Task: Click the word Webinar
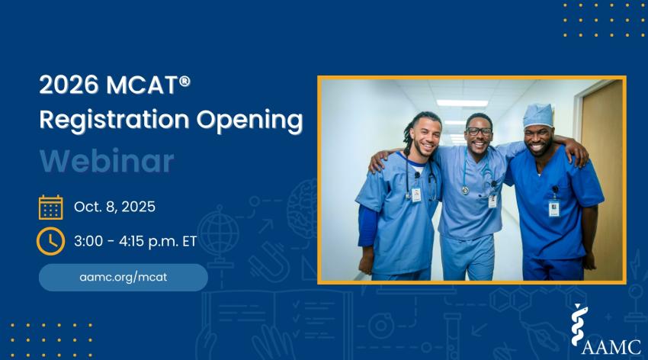point(107,161)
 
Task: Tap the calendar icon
point(51,207)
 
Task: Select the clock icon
point(50,241)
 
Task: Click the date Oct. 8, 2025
point(114,207)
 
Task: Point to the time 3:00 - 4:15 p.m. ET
point(135,241)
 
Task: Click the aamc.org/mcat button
point(124,278)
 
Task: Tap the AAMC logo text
point(611,347)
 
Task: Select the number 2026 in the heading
point(69,85)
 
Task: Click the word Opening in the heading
point(249,121)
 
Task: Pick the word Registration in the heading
point(114,121)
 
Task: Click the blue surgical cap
point(538,116)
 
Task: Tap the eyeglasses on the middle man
point(479,131)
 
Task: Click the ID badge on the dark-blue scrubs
point(553,208)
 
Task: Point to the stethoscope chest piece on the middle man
point(466,190)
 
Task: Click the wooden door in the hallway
point(601,180)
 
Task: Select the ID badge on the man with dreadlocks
point(416,194)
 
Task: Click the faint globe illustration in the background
point(219,233)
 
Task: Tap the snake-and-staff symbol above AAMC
point(579,325)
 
